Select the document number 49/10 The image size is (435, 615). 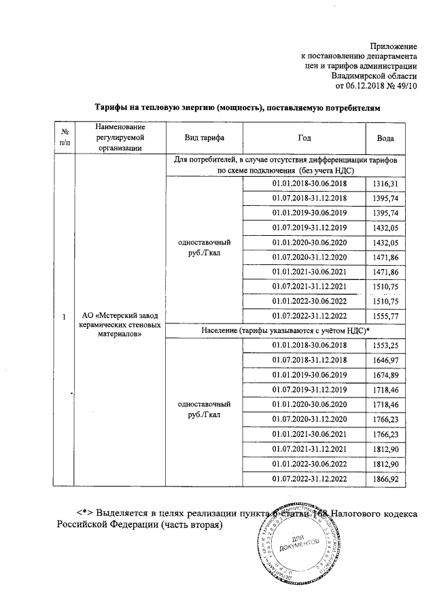pyautogui.click(x=406, y=86)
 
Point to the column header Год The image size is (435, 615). pyautogui.click(x=304, y=138)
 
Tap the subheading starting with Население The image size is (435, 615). pyautogui.click(x=285, y=330)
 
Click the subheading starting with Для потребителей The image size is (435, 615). pyautogui.click(x=285, y=160)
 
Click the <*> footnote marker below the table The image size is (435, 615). pyautogui.click(x=84, y=512)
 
